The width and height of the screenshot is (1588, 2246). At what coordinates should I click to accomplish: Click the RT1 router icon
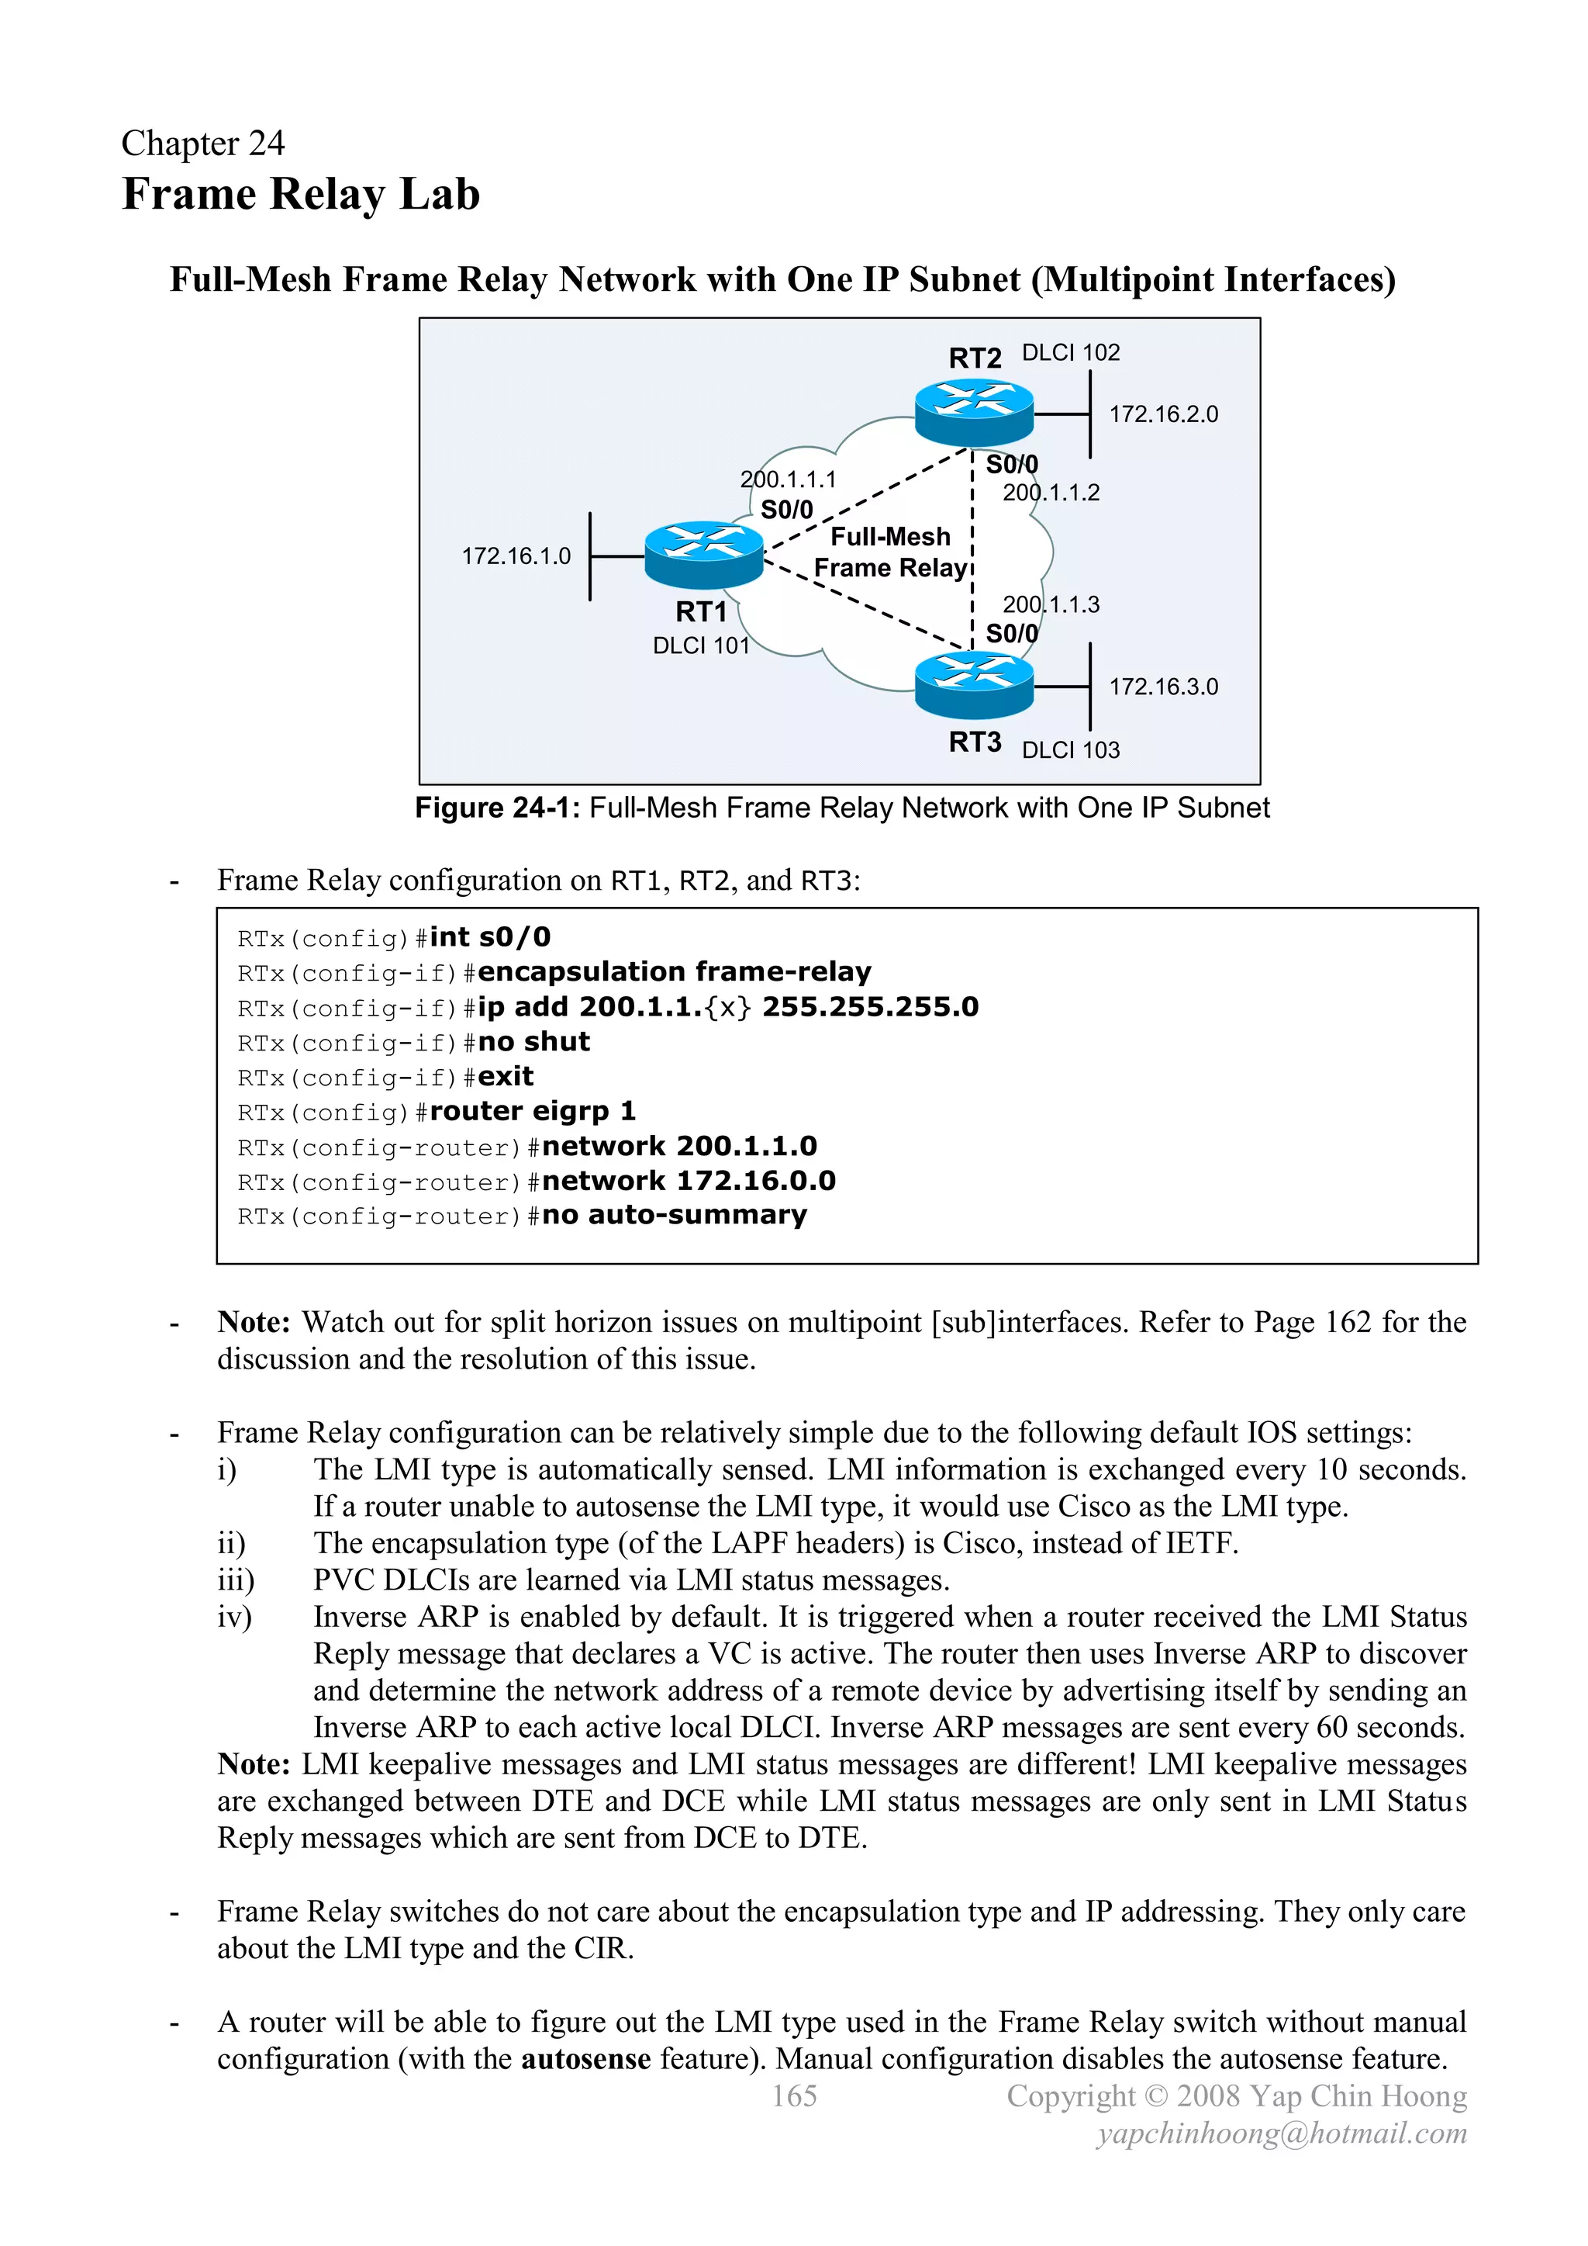(703, 555)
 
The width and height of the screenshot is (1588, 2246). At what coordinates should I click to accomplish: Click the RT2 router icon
(974, 412)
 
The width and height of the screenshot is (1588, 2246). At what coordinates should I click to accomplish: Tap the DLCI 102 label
(1070, 352)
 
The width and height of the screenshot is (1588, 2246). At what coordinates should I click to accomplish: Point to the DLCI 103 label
(1070, 749)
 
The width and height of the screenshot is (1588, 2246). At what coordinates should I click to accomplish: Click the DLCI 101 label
(700, 645)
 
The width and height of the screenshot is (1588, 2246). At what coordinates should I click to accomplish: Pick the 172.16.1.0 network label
(516, 555)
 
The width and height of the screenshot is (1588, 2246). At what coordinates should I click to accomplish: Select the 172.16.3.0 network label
(1162, 687)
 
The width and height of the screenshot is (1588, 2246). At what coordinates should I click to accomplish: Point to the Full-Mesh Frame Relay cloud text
(890, 552)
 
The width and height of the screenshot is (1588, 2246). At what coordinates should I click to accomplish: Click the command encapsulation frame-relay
(674, 971)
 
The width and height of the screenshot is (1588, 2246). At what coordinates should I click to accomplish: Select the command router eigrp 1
(532, 1111)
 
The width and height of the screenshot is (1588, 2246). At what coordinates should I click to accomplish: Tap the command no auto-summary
(674, 1215)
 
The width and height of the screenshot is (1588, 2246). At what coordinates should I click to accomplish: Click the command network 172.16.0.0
(689, 1181)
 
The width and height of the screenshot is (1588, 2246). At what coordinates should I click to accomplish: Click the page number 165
(794, 2095)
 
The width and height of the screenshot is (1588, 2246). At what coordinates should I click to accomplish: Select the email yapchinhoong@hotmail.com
(1281, 2133)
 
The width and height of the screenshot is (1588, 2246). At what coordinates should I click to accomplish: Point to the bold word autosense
(585, 2058)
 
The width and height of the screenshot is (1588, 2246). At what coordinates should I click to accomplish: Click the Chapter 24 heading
(202, 143)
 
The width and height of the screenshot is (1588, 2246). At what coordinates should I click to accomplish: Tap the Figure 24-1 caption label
(498, 808)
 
